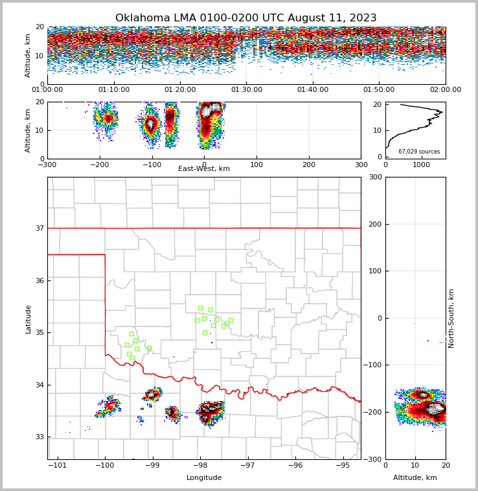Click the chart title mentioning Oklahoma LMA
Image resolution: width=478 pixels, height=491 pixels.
245,18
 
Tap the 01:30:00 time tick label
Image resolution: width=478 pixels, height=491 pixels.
247,90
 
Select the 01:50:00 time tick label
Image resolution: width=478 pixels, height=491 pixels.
379,90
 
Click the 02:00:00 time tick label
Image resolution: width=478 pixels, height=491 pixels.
445,90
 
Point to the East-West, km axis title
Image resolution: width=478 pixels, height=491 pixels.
204,169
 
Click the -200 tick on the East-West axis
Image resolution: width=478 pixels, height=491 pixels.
99,165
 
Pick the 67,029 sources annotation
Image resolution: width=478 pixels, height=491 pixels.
419,152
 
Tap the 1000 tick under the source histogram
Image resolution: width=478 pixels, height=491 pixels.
422,165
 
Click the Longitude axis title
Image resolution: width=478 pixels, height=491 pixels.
204,478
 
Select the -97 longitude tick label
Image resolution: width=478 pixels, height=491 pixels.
248,466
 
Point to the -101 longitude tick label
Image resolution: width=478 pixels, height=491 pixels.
58,466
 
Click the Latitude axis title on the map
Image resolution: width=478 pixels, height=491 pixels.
28,319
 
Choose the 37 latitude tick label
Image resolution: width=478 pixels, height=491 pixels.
39,228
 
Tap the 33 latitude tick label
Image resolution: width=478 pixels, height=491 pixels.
39,437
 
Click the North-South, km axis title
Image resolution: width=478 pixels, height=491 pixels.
452,318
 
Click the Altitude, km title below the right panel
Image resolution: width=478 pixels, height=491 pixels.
415,478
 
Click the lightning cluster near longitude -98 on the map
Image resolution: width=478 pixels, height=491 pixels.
211,411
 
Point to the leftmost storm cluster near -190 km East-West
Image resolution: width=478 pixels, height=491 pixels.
106,119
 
